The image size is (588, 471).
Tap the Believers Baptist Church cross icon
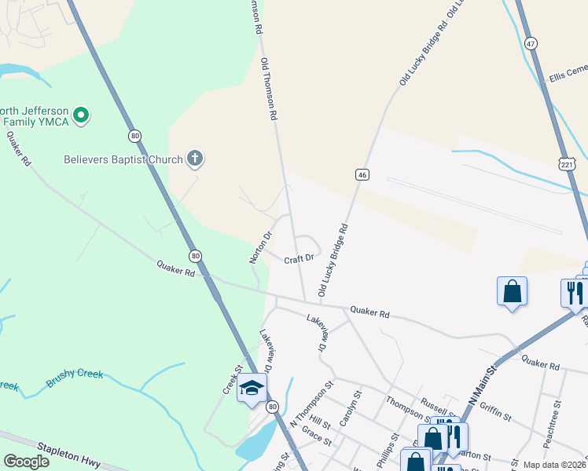click(195, 159)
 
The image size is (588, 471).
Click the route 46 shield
click(362, 174)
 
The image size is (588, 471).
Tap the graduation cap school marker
click(252, 388)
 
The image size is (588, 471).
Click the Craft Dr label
click(299, 257)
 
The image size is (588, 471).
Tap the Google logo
click(26, 462)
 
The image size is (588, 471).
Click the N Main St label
click(483, 390)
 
